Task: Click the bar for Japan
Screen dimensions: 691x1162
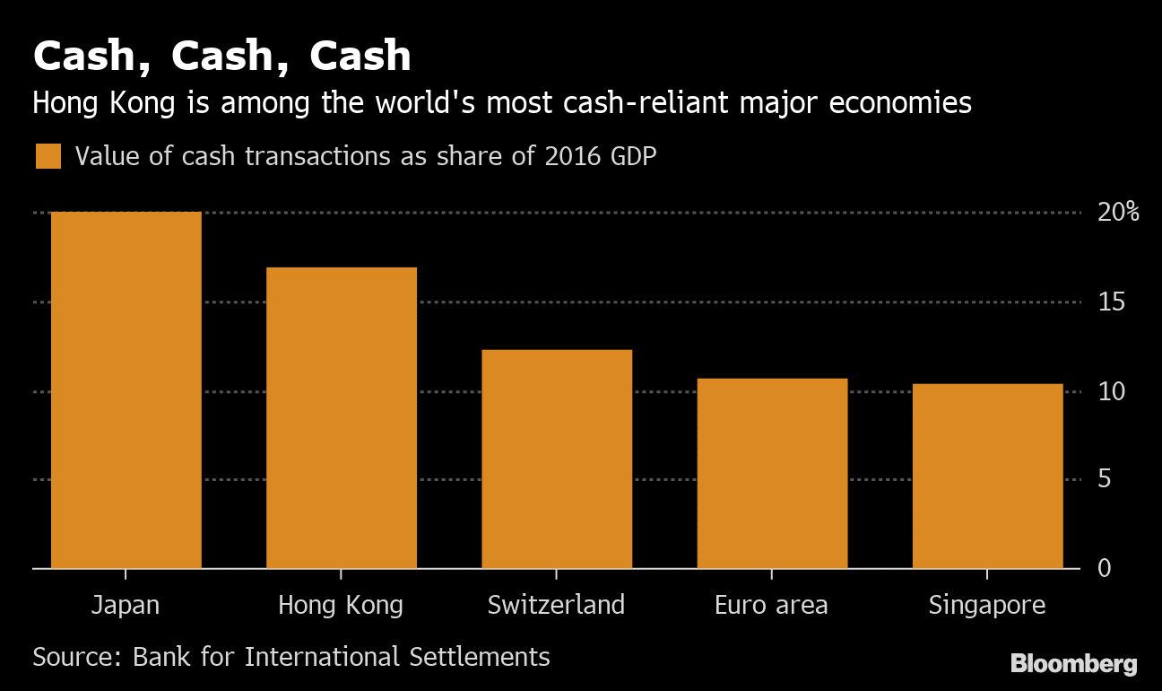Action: [x=126, y=390]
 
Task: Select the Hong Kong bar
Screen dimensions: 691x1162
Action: [x=342, y=418]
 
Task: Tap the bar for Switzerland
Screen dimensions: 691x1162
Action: [x=557, y=459]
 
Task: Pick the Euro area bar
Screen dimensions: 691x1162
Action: [x=772, y=474]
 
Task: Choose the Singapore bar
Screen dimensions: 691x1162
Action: [x=987, y=477]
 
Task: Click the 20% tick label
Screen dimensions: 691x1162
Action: [x=1117, y=213]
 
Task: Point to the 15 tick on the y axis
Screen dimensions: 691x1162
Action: [x=1112, y=302]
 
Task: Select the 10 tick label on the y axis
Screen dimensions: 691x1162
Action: [x=1112, y=391]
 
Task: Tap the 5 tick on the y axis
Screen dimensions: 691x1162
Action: [x=1104, y=479]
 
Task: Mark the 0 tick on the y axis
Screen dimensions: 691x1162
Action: [x=1104, y=568]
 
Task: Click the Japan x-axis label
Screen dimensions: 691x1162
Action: [x=126, y=605]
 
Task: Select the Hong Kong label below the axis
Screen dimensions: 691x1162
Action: [x=341, y=605]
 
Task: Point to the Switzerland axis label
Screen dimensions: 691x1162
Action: [x=556, y=605]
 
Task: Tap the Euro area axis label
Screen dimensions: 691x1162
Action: [x=771, y=605]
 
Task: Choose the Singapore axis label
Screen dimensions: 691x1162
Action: [x=987, y=605]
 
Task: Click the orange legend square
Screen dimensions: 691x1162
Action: [x=48, y=156]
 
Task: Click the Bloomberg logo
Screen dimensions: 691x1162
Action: [x=1073, y=664]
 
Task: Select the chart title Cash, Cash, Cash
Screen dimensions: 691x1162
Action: [x=222, y=57]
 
